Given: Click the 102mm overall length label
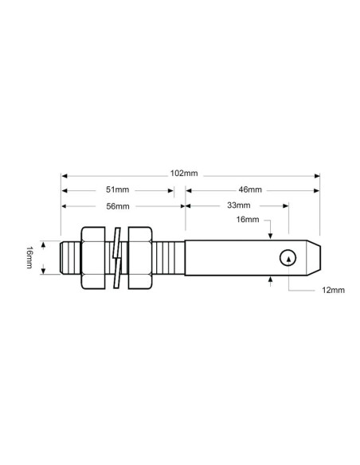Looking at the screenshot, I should (x=185, y=174).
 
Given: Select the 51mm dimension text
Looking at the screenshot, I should (x=118, y=190).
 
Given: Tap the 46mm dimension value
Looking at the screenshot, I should (x=250, y=190).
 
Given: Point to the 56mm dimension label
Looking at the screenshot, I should (x=118, y=206).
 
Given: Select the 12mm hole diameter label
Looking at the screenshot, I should (x=334, y=291).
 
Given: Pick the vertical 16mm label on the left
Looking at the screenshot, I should (x=29, y=257).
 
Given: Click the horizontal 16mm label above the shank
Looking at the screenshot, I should (x=248, y=219).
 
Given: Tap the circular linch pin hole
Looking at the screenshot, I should (x=288, y=257).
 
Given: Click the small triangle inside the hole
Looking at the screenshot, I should (x=288, y=258).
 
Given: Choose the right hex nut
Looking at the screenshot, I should (x=139, y=257).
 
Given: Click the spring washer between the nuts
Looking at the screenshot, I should (x=117, y=257).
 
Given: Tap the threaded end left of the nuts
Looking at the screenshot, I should (x=70, y=257).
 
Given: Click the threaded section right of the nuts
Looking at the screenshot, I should (x=168, y=257).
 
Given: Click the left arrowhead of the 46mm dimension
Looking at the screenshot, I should (x=189, y=190).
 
